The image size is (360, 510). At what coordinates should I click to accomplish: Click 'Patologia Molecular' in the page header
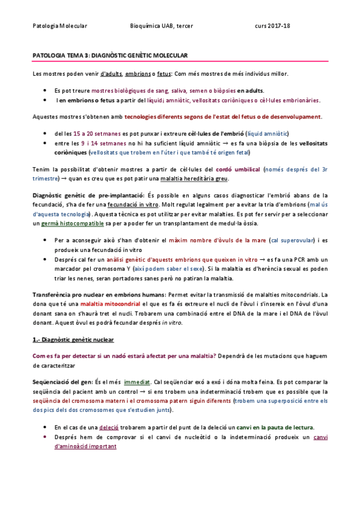click(x=59, y=26)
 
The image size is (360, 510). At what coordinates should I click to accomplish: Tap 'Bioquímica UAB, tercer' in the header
click(x=161, y=26)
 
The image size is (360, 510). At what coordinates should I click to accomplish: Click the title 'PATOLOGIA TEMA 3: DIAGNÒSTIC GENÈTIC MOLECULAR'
click(x=110, y=55)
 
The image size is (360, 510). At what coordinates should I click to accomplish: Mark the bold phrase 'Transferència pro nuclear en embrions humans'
click(x=99, y=295)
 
